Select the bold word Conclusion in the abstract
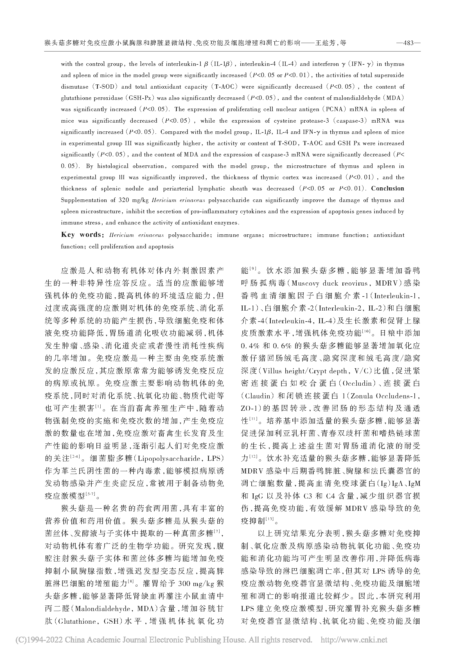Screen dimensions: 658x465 (x=387, y=188)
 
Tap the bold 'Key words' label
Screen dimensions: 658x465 (x=82, y=235)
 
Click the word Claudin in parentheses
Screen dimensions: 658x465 (x=256, y=396)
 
